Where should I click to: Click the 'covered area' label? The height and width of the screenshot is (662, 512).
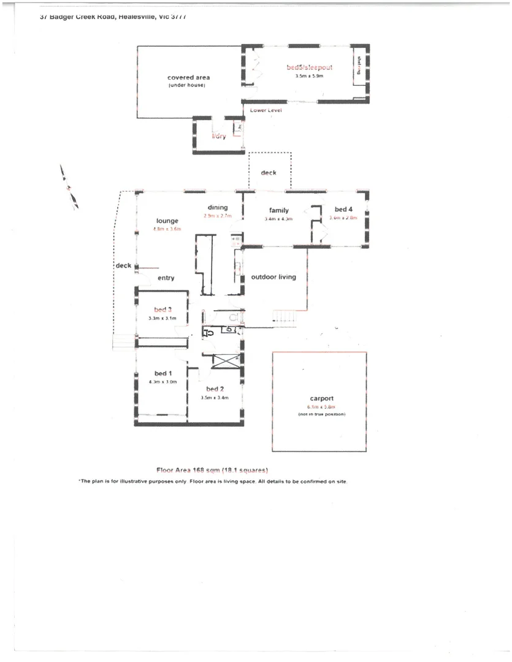tap(188, 78)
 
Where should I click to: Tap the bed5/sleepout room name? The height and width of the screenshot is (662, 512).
tap(309, 67)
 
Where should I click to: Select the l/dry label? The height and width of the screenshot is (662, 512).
tap(219, 136)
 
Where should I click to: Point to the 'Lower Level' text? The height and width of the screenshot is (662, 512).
tap(266, 110)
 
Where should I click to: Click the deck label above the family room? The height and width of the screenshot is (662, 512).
tap(269, 173)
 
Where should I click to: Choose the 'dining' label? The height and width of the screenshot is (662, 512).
tap(217, 207)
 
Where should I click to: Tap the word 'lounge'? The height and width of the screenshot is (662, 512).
tap(167, 221)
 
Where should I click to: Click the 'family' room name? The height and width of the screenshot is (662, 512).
tap(278, 210)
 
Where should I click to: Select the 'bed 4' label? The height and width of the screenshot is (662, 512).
tap(343, 209)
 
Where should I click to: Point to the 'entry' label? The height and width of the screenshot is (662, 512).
tap(166, 278)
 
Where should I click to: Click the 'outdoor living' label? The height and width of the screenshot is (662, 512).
tap(273, 277)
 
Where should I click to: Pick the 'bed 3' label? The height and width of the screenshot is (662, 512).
tap(162, 310)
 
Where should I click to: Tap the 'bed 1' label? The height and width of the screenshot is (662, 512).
tap(163, 373)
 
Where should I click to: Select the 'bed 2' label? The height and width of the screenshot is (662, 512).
tap(215, 389)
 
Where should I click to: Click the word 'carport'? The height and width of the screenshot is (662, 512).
tap(321, 399)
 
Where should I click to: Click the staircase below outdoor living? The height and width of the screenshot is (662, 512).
tap(286, 316)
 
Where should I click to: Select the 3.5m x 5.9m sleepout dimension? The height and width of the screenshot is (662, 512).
tap(309, 77)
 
